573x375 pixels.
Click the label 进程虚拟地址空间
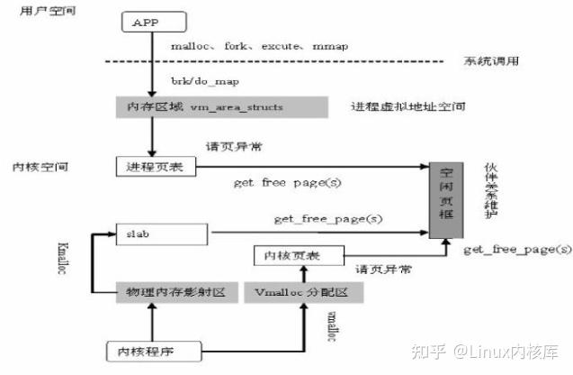coord(408,106)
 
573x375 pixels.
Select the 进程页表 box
coord(149,167)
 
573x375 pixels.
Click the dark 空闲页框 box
coord(442,201)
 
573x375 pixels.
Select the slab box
coord(163,233)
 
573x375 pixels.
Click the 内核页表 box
coord(286,258)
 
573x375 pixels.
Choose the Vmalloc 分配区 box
coord(295,294)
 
